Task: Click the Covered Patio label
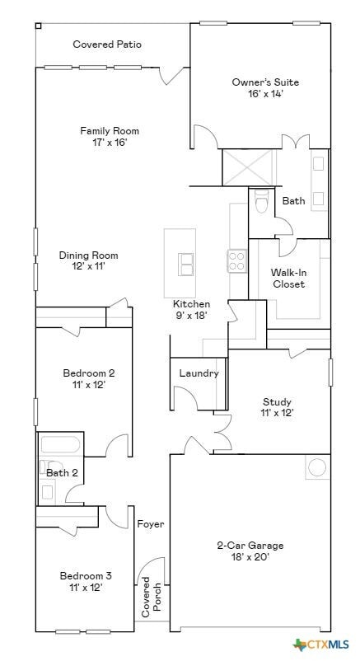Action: click(107, 45)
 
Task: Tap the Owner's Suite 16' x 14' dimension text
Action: click(265, 94)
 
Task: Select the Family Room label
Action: click(110, 131)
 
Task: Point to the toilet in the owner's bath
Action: click(262, 200)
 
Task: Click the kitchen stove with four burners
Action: click(237, 260)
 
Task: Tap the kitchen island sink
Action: click(186, 264)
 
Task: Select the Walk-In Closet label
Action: click(288, 279)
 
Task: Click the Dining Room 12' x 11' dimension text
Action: click(88, 266)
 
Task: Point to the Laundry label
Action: click(199, 373)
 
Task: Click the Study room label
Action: click(277, 401)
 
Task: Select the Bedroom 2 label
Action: click(88, 373)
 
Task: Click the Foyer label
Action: click(151, 524)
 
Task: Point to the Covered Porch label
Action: click(151, 597)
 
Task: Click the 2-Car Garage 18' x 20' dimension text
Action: click(250, 557)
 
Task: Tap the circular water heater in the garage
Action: click(317, 467)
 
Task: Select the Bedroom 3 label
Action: click(86, 576)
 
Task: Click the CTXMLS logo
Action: click(321, 645)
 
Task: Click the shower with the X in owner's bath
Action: click(247, 167)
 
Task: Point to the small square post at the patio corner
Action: click(38, 26)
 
